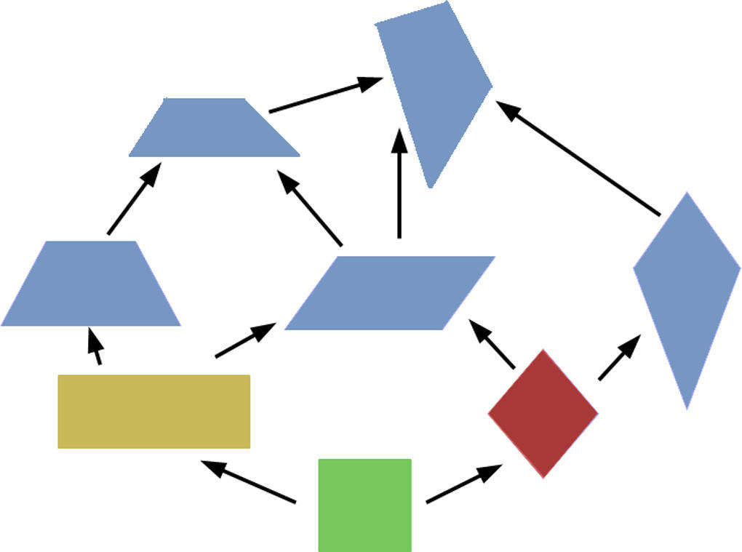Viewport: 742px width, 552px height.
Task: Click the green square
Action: pyautogui.click(x=364, y=505)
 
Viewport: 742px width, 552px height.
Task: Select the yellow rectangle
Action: pyautogui.click(x=153, y=411)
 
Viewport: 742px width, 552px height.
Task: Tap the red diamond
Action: pyautogui.click(x=543, y=413)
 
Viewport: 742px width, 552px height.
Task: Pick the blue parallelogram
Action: pyautogui.click(x=389, y=293)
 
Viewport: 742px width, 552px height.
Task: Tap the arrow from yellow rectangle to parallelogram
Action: pyautogui.click(x=245, y=341)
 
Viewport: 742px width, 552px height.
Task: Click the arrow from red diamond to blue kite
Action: pyautogui.click(x=619, y=358)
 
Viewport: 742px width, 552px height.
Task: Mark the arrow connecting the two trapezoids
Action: pyautogui.click(x=133, y=199)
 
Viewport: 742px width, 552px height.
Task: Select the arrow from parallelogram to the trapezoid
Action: pyautogui.click(x=309, y=207)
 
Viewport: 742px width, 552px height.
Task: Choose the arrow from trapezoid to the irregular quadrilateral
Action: pyautogui.click(x=326, y=95)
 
